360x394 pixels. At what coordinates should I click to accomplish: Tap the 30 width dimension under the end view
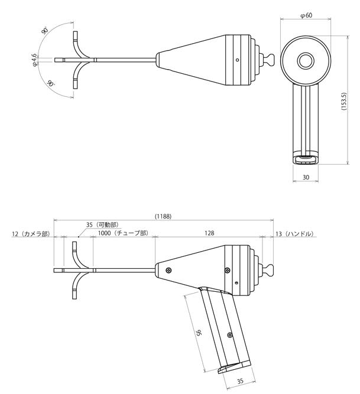(306, 177)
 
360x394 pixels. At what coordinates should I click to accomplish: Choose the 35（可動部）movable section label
(102, 225)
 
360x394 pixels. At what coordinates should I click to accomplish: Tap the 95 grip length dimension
(199, 334)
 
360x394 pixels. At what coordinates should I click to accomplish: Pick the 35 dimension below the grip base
(240, 382)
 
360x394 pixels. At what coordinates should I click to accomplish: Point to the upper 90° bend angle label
(45, 30)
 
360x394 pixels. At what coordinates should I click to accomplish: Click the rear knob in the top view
(268, 60)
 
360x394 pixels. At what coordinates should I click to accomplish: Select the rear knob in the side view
(268, 271)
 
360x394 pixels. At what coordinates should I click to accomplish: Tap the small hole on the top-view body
(237, 60)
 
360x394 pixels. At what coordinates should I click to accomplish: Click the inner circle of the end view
(306, 60)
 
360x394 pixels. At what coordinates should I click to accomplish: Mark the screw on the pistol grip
(229, 334)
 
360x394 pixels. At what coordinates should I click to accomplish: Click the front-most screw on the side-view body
(169, 270)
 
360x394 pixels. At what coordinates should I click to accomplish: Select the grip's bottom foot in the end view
(306, 158)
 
